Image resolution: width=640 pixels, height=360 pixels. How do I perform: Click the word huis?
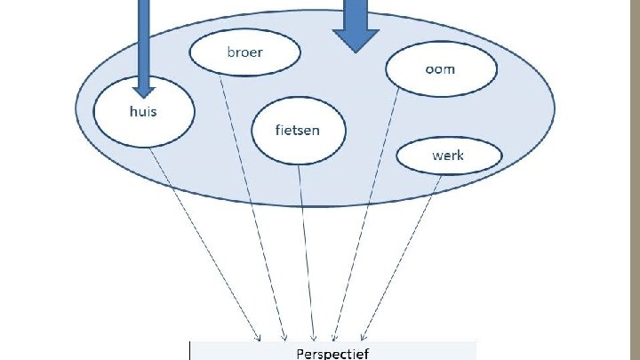tap(142, 113)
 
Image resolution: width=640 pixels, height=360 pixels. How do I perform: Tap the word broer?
tap(244, 52)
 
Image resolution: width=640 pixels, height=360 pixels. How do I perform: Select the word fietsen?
tap(298, 130)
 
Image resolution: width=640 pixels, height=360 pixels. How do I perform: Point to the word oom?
tap(439, 68)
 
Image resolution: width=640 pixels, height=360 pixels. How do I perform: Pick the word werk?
tap(447, 156)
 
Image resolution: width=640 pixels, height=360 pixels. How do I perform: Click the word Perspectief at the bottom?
tap(333, 352)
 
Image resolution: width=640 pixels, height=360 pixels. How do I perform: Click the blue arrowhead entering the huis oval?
tap(144, 89)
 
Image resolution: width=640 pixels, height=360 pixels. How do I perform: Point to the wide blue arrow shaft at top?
tap(356, 11)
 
